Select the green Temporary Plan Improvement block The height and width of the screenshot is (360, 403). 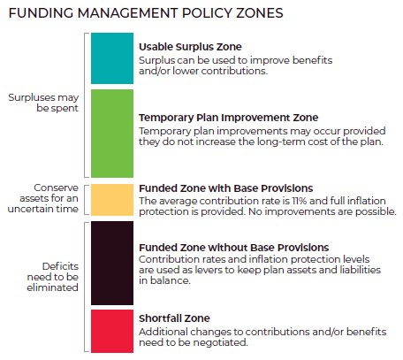(111, 132)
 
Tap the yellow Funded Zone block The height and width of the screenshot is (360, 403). (111, 200)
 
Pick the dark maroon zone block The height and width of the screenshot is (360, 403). (111, 263)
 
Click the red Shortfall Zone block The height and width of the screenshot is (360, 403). (111, 330)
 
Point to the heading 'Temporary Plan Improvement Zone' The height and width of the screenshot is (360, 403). (228, 117)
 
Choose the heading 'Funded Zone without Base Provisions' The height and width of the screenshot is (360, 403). (234, 247)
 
